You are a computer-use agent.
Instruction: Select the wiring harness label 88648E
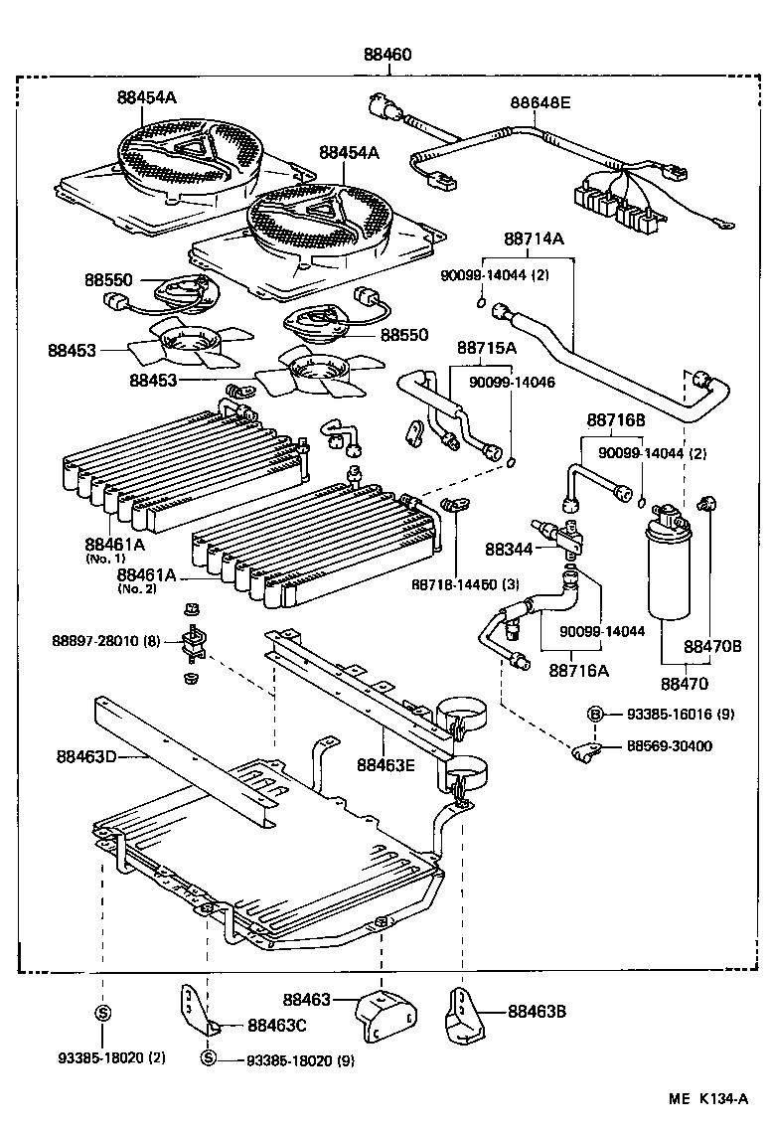click(x=540, y=102)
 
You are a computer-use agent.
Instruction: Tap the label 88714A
click(x=533, y=239)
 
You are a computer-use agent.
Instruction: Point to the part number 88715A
click(x=487, y=348)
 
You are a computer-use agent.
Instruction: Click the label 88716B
click(x=616, y=420)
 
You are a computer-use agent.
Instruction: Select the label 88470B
click(x=712, y=646)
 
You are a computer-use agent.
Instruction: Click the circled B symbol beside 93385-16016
click(x=595, y=715)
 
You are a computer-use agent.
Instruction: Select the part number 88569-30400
click(x=669, y=745)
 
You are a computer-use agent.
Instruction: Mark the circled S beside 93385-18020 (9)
click(x=208, y=1057)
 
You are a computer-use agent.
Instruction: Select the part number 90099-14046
click(x=512, y=382)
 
